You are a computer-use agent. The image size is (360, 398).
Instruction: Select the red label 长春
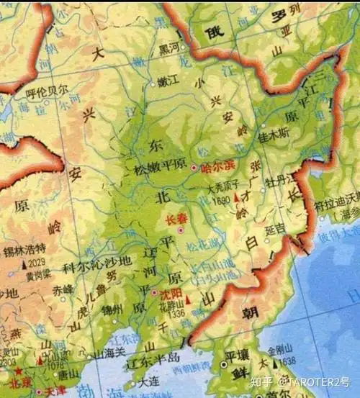[x=176, y=219]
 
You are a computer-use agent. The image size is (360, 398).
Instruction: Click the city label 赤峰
[x=63, y=289]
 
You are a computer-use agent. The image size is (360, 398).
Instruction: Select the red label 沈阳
[x=171, y=294]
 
